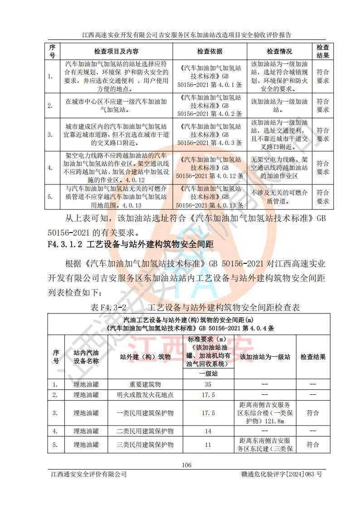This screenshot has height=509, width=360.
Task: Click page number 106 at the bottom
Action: (186, 465)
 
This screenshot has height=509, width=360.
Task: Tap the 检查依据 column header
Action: (209, 52)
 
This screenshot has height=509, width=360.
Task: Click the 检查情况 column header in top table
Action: (279, 52)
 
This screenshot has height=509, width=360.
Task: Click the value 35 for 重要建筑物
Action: (208, 384)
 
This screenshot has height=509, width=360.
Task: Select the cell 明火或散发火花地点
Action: (145, 395)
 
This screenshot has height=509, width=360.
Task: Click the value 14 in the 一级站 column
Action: (208, 431)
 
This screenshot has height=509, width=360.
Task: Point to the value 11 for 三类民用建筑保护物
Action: (208, 445)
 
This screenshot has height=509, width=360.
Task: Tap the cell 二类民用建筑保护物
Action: (145, 431)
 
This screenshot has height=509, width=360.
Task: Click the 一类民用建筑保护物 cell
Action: (145, 413)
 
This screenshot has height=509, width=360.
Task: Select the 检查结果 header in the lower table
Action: (313, 357)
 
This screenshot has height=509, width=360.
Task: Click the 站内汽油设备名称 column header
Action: (86, 357)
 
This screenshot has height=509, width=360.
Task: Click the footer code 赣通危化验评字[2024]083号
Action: (282, 474)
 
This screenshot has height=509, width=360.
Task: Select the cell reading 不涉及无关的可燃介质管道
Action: (279, 197)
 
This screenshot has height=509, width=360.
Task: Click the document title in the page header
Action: (186, 34)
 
